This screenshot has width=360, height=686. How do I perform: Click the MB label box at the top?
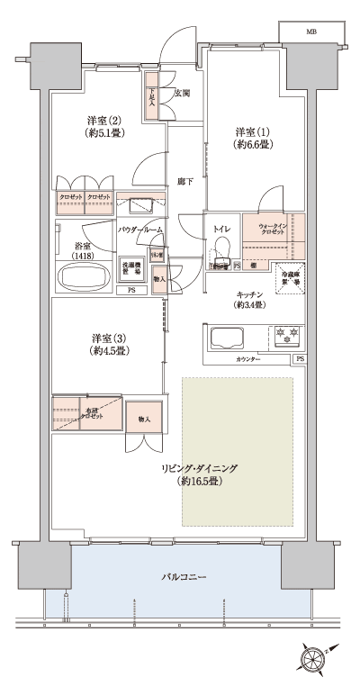pyautogui.click(x=311, y=32)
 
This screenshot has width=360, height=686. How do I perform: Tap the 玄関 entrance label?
pyautogui.click(x=181, y=93)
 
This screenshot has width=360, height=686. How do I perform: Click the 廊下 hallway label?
pyautogui.click(x=184, y=179)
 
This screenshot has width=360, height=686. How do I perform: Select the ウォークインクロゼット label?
pyautogui.click(x=272, y=229)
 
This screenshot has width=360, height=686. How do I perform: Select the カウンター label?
pyautogui.click(x=248, y=360)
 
